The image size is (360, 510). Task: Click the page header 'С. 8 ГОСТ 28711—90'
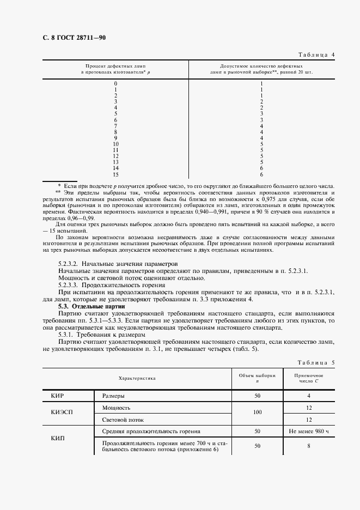[71, 38]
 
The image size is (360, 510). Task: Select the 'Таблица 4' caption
[316, 54]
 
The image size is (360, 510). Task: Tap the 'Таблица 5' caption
[316, 362]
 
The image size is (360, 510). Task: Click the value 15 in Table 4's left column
[115, 175]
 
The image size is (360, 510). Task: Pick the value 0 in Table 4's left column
[115, 83]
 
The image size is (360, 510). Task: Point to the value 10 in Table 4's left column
[115, 144]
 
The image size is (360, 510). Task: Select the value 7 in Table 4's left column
[115, 126]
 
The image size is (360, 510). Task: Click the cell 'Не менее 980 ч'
[309, 432]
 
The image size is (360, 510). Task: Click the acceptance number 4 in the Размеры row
[309, 396]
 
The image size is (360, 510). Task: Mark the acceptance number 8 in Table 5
[309, 446]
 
